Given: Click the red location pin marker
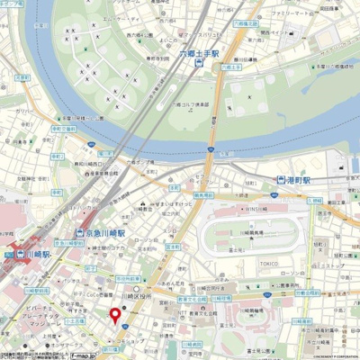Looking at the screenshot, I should point(114,315).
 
